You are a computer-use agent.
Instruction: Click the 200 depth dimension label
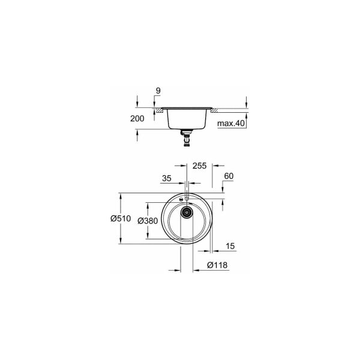click(137, 119)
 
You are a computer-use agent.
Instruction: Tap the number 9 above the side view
click(158, 91)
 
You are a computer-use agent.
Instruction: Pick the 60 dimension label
click(228, 176)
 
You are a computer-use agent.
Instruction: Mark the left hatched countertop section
click(160, 112)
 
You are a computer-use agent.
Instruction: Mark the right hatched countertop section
click(214, 112)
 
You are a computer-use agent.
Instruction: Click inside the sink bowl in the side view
click(187, 118)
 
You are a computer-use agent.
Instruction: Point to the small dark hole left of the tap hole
click(182, 198)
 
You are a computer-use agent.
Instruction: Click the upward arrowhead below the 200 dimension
click(138, 134)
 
